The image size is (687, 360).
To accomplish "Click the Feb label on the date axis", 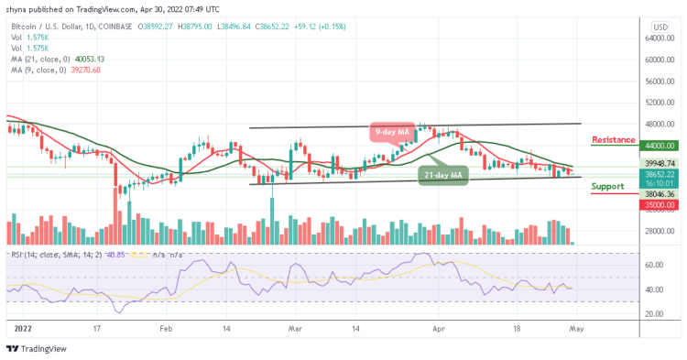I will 166,325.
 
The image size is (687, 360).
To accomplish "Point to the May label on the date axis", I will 576,325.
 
